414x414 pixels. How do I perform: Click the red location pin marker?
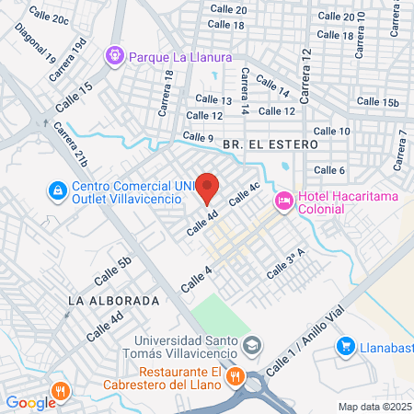pyautogui.click(x=208, y=188)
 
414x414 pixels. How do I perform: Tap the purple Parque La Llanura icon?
pyautogui.click(x=115, y=56)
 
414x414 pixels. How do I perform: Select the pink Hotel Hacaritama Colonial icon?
pyautogui.click(x=284, y=198)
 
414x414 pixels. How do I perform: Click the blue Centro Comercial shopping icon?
pyautogui.click(x=57, y=190)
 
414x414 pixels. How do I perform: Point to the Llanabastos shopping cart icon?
pyautogui.click(x=346, y=346)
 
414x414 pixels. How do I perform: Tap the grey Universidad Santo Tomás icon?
pyautogui.click(x=254, y=347)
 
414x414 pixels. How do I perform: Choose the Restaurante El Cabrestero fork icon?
pyautogui.click(x=235, y=375)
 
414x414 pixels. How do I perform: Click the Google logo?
pyautogui.click(x=30, y=402)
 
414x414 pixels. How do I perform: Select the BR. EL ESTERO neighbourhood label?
pyautogui.click(x=270, y=144)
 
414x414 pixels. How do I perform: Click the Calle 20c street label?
pyautogui.click(x=49, y=14)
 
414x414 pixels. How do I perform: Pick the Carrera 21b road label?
pyautogui.click(x=73, y=147)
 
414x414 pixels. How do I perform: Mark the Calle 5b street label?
pyautogui.click(x=113, y=267)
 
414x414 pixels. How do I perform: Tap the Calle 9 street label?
pyautogui.click(x=198, y=137)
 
